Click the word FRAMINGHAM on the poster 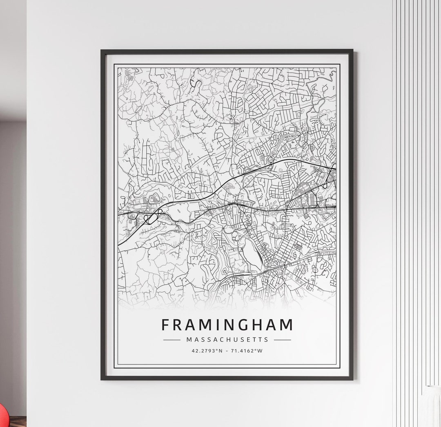click(227, 325)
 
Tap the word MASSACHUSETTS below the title click(227, 340)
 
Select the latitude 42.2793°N click(207, 350)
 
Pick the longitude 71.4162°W click(247, 350)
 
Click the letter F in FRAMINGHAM click(166, 325)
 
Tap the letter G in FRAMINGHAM click(245, 325)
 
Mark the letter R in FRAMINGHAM click(178, 325)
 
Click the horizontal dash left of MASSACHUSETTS click(171, 340)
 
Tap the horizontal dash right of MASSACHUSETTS click(283, 340)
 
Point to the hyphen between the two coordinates click(228, 350)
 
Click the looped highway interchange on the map click(152, 217)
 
